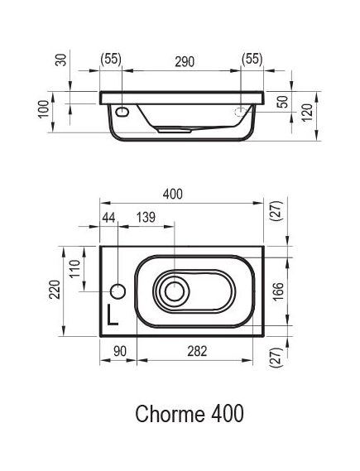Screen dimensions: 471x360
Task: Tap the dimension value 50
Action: (284, 101)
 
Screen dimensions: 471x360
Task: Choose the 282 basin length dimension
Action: (197, 352)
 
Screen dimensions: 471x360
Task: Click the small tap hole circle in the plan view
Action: (118, 291)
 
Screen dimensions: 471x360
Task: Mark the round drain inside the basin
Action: (174, 291)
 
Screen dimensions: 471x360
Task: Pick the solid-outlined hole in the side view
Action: (122, 112)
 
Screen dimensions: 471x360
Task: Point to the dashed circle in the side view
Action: (243, 112)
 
